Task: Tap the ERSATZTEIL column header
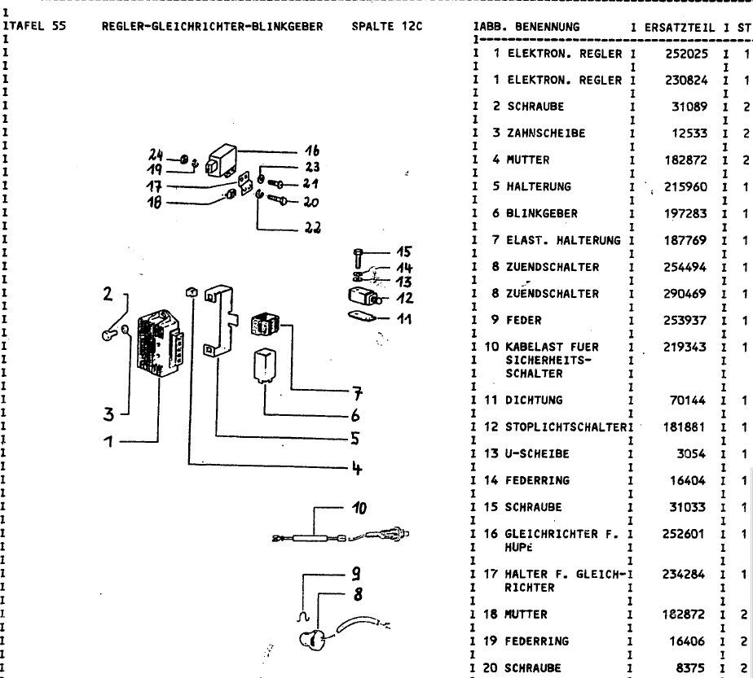pyautogui.click(x=680, y=27)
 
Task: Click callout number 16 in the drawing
pyautogui.click(x=311, y=151)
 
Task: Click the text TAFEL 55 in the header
pyautogui.click(x=36, y=27)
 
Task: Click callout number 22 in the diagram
pyautogui.click(x=312, y=227)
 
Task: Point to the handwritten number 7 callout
pyautogui.click(x=355, y=395)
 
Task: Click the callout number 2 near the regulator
pyautogui.click(x=107, y=295)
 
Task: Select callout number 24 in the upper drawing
pyautogui.click(x=156, y=154)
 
